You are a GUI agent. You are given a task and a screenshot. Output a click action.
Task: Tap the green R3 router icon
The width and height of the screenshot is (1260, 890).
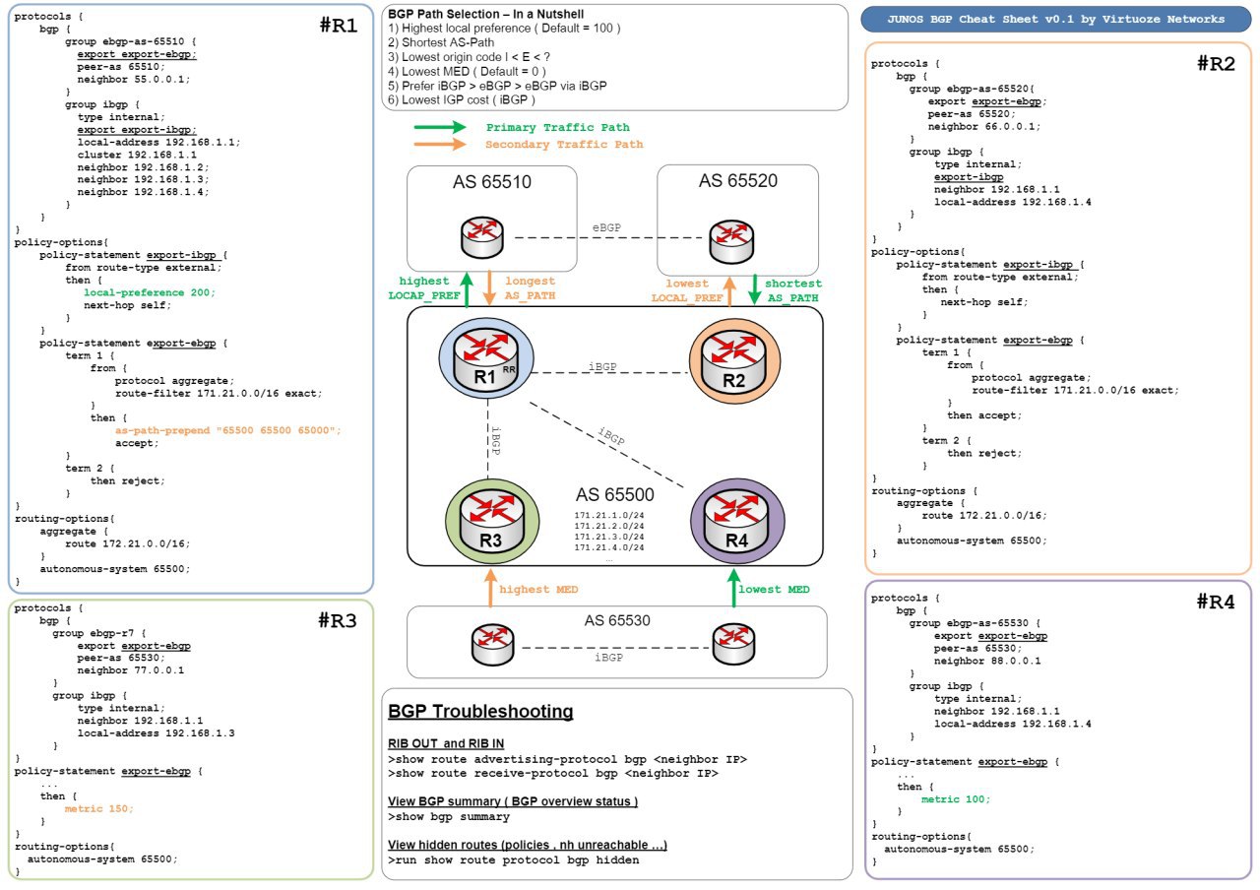click(492, 516)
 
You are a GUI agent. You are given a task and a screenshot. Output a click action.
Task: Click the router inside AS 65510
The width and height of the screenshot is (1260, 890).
click(485, 237)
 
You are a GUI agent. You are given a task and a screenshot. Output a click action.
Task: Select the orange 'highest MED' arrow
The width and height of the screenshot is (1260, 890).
click(488, 589)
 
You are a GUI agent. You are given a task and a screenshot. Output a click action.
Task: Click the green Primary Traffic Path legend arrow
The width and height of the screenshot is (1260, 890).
click(440, 128)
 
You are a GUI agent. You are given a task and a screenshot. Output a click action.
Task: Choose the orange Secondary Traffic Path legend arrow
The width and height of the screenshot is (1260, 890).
click(440, 145)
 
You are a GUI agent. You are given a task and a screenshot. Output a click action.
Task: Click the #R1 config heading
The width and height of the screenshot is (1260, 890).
click(339, 28)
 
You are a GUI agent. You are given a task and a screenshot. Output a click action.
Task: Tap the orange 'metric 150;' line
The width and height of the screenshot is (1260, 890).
click(98, 808)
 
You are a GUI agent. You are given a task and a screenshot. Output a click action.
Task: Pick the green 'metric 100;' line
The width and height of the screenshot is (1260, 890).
click(956, 798)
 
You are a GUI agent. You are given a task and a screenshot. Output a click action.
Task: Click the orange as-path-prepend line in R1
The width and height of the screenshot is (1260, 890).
click(227, 430)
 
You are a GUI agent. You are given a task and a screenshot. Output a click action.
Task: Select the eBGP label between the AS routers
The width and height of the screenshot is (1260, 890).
click(607, 227)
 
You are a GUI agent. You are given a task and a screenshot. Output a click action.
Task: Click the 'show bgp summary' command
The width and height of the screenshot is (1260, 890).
click(449, 817)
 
